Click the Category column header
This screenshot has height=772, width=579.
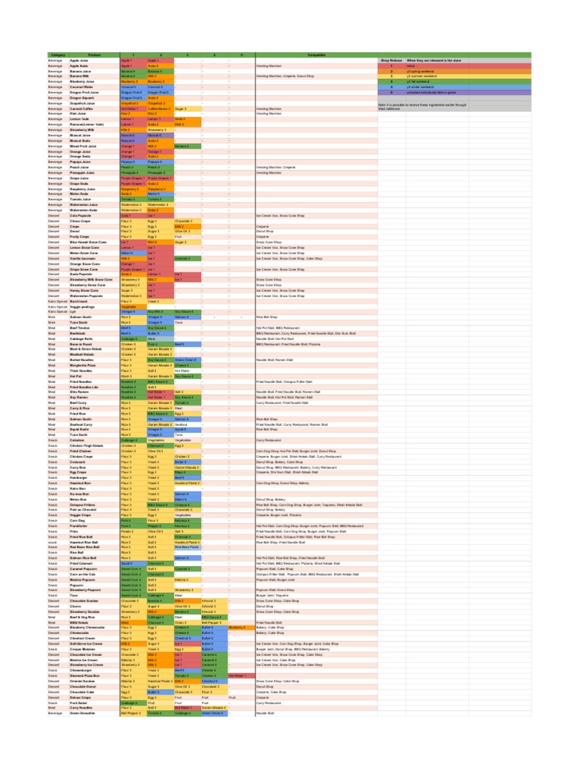[57, 55]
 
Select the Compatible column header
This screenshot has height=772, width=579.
[317, 55]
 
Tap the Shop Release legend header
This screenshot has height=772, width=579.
[391, 60]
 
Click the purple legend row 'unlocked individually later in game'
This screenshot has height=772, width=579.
[438, 93]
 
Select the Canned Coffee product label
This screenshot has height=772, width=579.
[82, 109]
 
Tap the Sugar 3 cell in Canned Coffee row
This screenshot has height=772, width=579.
[181, 109]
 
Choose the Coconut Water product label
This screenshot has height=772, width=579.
[81, 87]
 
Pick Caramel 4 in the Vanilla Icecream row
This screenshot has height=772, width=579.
[187, 258]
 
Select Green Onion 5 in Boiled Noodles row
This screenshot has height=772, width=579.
[187, 360]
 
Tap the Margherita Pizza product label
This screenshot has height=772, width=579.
[84, 366]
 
